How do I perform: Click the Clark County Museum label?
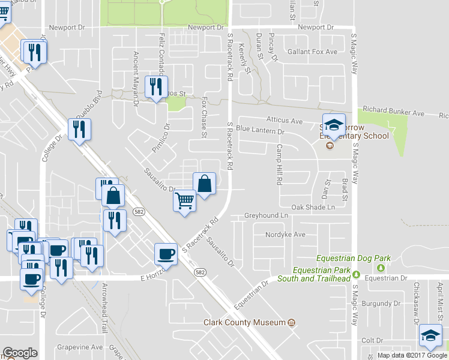click(x=243, y=323)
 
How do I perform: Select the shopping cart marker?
click(x=185, y=201)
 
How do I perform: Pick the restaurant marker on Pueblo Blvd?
click(x=79, y=129)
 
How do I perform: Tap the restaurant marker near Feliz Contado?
click(x=157, y=87)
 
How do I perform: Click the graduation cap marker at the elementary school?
click(x=334, y=125)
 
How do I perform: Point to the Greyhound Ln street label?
click(x=262, y=215)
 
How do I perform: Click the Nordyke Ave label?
click(x=286, y=235)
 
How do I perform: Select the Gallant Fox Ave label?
click(x=312, y=52)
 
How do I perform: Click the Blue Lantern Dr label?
click(x=260, y=130)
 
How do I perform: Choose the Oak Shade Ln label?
click(x=313, y=207)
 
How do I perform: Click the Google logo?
click(x=20, y=352)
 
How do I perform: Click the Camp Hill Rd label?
click(x=279, y=164)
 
